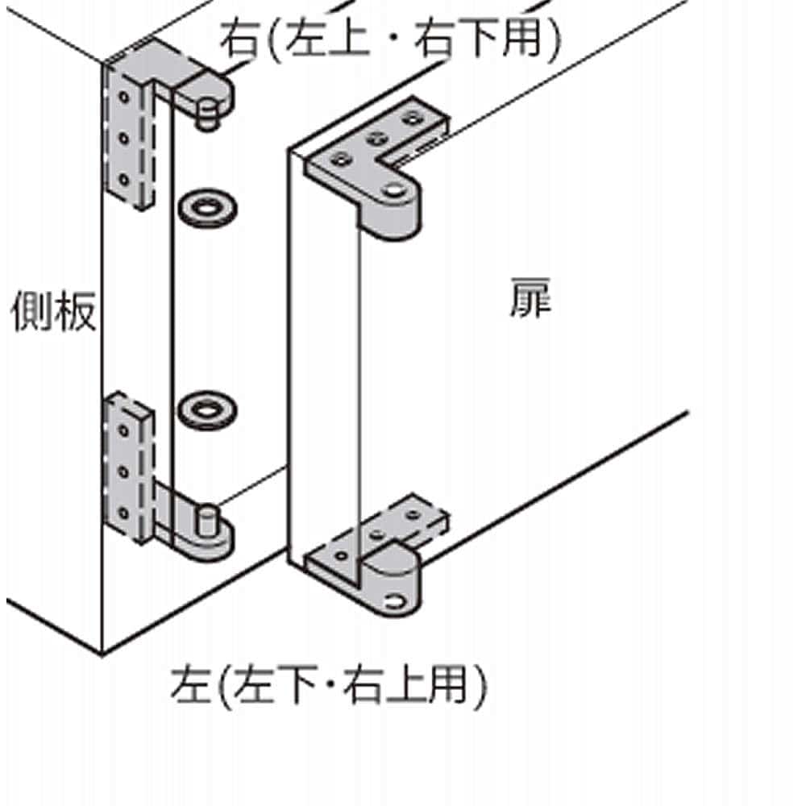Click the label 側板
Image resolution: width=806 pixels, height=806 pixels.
click(53, 311)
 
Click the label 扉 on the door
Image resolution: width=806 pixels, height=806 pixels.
click(530, 298)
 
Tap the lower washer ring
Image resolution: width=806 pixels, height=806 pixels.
click(207, 410)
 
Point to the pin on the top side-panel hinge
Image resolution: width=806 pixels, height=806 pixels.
click(207, 116)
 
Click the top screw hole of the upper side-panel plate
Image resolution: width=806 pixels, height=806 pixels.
click(124, 96)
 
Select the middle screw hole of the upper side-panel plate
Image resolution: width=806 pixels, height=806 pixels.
click(124, 138)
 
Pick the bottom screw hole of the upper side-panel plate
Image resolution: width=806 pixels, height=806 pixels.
click(124, 180)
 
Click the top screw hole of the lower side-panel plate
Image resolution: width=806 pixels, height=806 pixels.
click(124, 430)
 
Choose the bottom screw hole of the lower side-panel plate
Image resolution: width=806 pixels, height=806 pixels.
click(124, 513)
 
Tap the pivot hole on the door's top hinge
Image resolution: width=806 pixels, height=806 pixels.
click(393, 191)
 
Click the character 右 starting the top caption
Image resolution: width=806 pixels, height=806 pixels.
click(240, 39)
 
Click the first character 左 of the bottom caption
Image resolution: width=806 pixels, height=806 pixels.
click(191, 684)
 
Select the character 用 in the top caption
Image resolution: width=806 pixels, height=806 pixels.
click(521, 38)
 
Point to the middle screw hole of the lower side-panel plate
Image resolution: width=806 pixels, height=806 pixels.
click(124, 472)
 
